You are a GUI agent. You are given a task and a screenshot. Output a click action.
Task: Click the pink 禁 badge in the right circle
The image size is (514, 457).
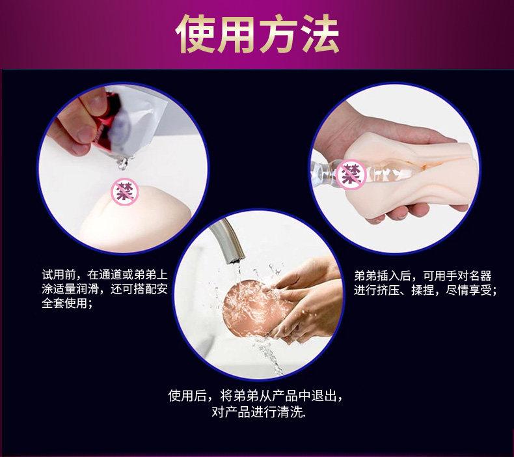[x=352, y=173]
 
